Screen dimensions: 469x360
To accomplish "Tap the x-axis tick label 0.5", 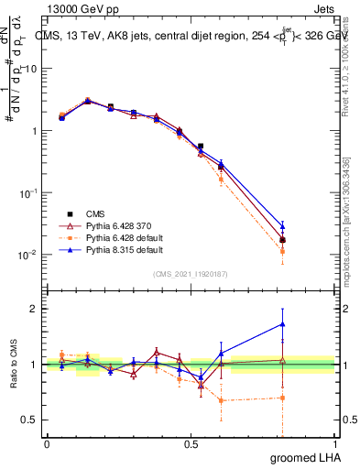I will pos(191,443).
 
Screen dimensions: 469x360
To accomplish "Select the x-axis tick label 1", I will pos(334,443).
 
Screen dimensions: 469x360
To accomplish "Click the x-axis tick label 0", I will pos(47,443).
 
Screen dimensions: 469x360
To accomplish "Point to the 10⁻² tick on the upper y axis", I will pos(30,255).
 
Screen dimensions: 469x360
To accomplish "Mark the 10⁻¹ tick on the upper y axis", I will pos(30,193).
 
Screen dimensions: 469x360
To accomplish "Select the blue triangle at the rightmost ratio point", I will pos(282,323).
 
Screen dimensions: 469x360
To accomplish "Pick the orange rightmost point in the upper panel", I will pos(282,251).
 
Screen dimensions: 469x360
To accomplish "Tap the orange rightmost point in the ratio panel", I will pos(282,398).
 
